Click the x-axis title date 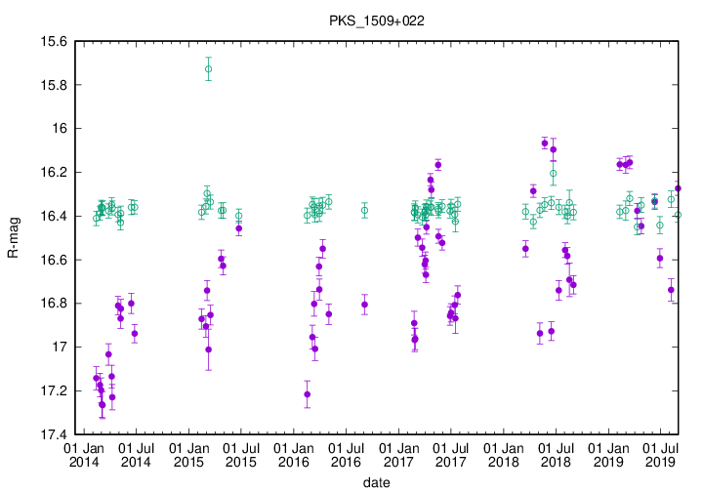(x=376, y=482)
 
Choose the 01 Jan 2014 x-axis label (x=83, y=453)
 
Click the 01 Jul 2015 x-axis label (x=240, y=453)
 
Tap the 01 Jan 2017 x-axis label (x=398, y=453)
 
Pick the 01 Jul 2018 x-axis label (x=556, y=453)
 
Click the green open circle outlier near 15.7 (x=208, y=69)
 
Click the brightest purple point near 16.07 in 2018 (x=545, y=143)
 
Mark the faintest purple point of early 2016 (x=308, y=394)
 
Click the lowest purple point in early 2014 (x=103, y=404)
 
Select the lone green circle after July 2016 (x=364, y=210)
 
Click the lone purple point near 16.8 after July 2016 (x=364, y=305)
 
